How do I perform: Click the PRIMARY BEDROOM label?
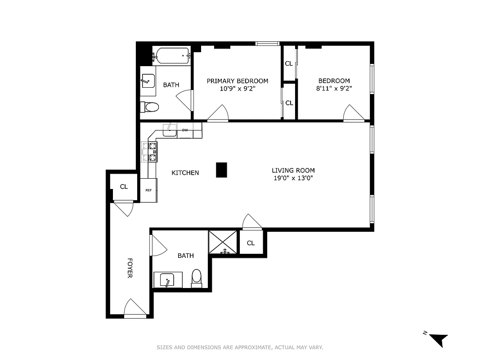[237, 81]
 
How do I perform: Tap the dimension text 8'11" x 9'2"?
[333, 89]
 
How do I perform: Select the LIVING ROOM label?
[293, 171]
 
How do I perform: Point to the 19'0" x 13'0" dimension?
[293, 178]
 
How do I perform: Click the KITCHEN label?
[185, 173]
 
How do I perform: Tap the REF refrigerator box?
[148, 190]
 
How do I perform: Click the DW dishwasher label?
[185, 130]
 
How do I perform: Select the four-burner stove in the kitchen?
[150, 152]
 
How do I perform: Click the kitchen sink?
[169, 130]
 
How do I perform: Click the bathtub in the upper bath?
[171, 56]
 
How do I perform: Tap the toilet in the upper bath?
[150, 107]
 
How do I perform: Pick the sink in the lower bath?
[168, 280]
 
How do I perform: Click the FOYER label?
[130, 268]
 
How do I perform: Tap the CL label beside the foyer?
[124, 186]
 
